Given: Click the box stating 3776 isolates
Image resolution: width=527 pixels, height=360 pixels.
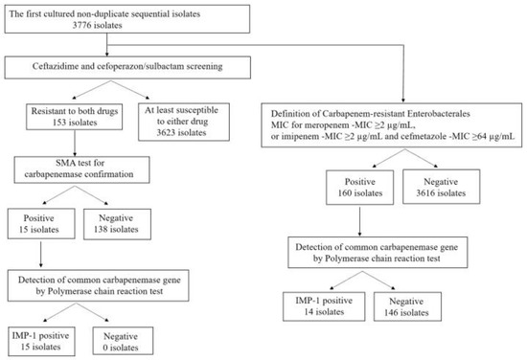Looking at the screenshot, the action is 127,19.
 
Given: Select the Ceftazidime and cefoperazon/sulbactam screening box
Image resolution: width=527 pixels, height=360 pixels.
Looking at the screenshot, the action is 127,67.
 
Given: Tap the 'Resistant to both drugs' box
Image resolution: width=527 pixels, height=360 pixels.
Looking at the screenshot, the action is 75,117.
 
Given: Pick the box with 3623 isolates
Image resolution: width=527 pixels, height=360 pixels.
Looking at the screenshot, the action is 184,122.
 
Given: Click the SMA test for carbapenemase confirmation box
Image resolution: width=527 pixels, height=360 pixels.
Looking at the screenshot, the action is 81,169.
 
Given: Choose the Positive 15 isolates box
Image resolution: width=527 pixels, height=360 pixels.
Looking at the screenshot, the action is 41,224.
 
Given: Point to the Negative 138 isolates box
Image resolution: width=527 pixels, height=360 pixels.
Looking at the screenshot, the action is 117,224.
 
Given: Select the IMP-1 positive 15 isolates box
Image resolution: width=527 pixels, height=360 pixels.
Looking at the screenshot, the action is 41,341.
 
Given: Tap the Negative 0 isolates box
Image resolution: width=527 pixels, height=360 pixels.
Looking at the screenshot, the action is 123,341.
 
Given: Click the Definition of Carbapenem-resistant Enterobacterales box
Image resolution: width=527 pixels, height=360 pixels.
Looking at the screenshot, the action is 392,125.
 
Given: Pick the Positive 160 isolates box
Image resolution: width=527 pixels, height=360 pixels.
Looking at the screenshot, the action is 359,187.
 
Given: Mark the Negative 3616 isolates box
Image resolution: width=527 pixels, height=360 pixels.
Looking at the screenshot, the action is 442,187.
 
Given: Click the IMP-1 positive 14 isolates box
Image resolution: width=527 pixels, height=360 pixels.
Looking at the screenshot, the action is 324,306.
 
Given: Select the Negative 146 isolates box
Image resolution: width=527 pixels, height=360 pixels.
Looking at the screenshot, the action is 407,306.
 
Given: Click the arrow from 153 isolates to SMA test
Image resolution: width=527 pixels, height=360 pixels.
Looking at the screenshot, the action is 75,143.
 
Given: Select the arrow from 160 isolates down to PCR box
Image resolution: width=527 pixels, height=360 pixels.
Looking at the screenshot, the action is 359,221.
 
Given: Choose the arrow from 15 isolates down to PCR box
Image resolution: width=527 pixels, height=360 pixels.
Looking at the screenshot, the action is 41,255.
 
